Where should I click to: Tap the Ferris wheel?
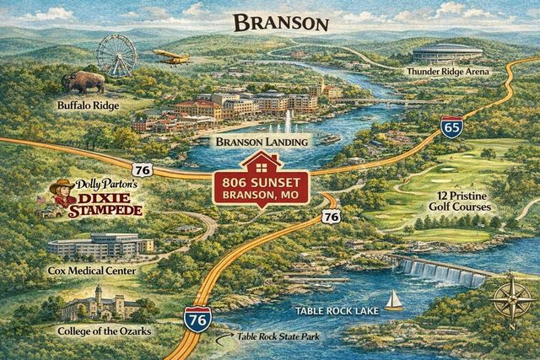coord(116,56)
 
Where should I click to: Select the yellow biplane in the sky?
coord(171,56)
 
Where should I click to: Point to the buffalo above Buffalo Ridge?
coord(84,83)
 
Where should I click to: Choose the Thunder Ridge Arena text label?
coord(459,72)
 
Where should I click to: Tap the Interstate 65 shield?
coord(451,128)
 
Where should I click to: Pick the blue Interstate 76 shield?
coord(197,320)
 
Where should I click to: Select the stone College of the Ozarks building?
coord(94,304)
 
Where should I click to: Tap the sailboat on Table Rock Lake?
coord(393,300)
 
